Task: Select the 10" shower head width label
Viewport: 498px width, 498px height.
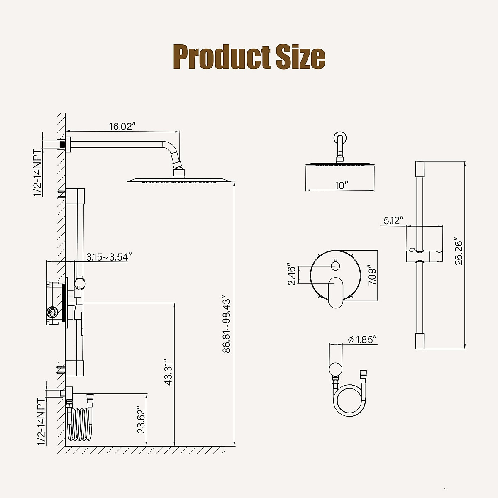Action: (x=342, y=185)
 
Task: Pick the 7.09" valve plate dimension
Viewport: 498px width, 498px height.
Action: (x=372, y=275)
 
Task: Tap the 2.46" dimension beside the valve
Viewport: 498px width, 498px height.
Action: (x=292, y=274)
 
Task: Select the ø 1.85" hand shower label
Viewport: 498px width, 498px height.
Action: (x=362, y=339)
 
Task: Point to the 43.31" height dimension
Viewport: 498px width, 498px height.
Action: (x=168, y=372)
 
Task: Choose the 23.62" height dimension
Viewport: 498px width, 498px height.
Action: (x=141, y=419)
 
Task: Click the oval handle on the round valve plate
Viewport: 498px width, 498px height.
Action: (x=336, y=293)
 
